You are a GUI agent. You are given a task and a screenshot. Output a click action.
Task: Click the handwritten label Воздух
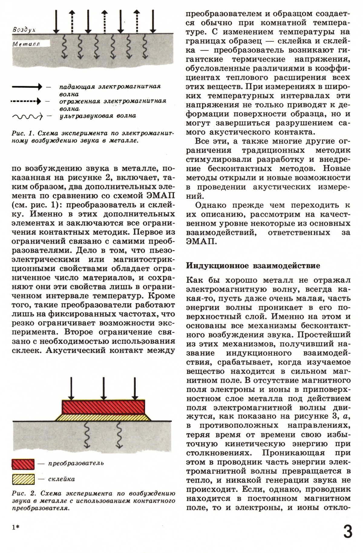25,30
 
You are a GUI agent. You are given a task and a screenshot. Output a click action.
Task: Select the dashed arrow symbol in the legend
26,101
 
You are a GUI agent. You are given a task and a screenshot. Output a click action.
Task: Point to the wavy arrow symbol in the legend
27,116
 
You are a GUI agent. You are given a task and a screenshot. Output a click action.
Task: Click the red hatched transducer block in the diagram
103,407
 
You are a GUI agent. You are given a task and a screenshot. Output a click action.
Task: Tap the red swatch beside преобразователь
23,463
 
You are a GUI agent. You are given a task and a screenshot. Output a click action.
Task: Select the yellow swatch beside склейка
23,479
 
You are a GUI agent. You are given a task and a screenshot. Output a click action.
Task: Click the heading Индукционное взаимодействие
253,266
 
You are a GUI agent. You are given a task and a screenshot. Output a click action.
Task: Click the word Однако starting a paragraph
211,205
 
